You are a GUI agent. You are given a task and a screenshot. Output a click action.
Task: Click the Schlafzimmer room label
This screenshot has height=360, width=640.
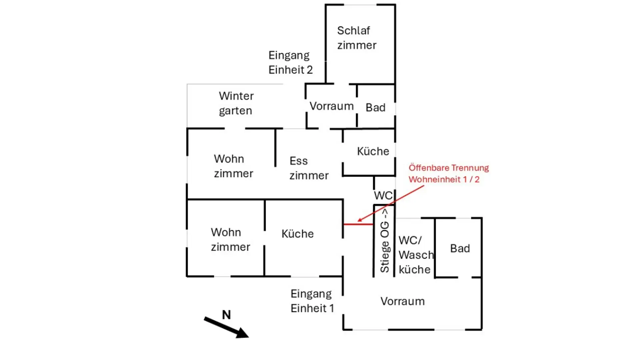[356, 38]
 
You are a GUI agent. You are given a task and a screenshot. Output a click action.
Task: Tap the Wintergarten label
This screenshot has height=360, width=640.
[236, 103]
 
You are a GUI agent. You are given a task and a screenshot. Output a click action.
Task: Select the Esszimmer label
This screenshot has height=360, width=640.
[309, 168]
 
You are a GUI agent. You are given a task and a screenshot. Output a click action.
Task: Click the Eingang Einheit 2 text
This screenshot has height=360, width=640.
[290, 63]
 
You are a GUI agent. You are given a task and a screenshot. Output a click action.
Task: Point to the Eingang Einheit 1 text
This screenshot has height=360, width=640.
[312, 301]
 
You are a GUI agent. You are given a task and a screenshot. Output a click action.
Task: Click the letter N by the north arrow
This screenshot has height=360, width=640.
[226, 315]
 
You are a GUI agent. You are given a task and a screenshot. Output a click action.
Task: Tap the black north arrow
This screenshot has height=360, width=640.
[227, 328]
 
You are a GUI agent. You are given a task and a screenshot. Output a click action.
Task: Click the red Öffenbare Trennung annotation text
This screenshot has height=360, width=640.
[448, 174]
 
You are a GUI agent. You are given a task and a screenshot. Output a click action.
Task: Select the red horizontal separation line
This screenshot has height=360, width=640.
[358, 224]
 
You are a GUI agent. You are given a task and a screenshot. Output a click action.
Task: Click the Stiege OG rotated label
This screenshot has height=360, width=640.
[385, 241]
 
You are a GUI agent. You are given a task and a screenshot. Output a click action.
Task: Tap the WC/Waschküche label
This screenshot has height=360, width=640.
[415, 255]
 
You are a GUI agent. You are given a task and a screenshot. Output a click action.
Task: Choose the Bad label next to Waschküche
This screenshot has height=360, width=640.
[460, 248]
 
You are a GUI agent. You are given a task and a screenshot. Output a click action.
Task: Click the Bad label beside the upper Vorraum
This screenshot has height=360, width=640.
[375, 107]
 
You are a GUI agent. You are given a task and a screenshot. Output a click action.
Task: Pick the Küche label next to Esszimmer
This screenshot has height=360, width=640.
[373, 151]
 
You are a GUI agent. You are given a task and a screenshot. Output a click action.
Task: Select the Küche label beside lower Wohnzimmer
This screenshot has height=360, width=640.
[297, 234]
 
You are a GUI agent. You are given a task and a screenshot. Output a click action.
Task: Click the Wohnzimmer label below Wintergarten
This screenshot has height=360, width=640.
[233, 166]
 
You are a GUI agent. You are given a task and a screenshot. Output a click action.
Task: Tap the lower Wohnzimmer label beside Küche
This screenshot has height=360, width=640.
[230, 239]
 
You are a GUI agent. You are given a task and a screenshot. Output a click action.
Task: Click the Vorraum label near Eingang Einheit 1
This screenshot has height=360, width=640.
[402, 301]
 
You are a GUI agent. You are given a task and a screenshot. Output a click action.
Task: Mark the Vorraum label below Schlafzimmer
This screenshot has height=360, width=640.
[331, 106]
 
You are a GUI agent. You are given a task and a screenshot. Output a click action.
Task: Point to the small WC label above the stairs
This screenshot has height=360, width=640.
[383, 195]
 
